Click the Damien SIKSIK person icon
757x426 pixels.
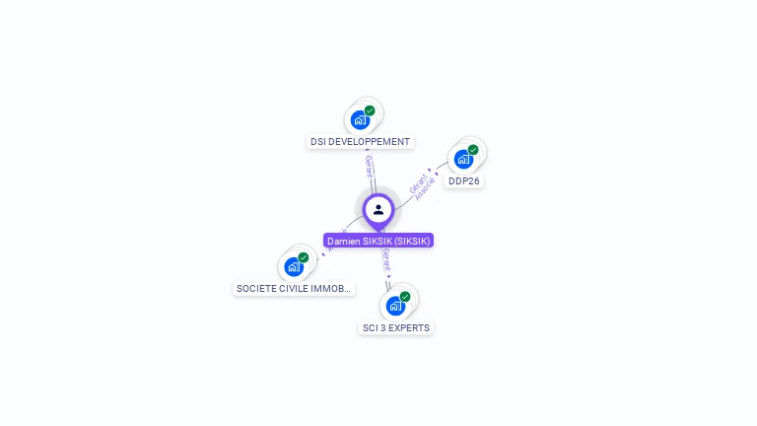(378, 210)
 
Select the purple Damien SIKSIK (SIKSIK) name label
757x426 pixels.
(378, 241)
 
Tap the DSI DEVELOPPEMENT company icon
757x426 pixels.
(360, 120)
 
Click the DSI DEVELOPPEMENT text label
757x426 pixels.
(360, 142)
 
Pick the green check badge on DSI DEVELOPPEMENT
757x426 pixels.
(370, 110)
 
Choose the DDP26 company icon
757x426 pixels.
(463, 160)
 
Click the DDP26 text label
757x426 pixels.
(464, 181)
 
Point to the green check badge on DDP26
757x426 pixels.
(473, 150)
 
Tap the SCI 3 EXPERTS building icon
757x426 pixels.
(395, 306)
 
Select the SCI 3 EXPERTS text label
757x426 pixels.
(395, 328)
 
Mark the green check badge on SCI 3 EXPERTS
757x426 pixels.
(405, 296)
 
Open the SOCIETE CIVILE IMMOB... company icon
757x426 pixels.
(294, 267)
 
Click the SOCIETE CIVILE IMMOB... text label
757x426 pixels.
(294, 289)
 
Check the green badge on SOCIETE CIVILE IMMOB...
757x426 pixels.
(304, 257)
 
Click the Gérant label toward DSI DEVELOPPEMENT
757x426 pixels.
(369, 166)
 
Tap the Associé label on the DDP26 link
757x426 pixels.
(426, 188)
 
